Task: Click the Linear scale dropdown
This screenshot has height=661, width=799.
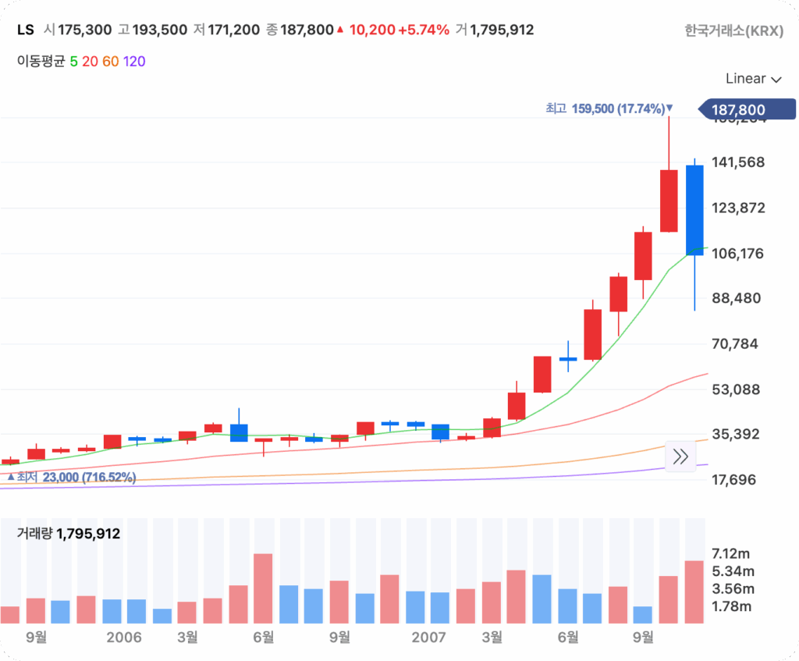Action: [753, 79]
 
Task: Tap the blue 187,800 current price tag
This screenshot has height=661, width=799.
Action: [745, 110]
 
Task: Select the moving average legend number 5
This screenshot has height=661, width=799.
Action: [73, 61]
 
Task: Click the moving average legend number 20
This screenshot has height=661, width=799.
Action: [90, 61]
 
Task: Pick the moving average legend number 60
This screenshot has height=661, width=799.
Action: [110, 61]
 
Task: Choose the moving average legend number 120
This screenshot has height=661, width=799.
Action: [134, 61]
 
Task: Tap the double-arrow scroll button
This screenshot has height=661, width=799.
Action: [680, 457]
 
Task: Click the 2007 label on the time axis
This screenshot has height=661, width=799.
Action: [429, 638]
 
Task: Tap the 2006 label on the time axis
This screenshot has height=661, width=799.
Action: [124, 638]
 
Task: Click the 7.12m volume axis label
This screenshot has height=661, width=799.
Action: [731, 554]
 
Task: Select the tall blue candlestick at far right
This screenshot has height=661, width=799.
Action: [694, 210]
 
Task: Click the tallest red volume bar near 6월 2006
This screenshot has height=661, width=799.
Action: [263, 588]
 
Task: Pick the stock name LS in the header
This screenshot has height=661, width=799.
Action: [26, 30]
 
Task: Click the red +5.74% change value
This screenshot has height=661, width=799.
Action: [424, 30]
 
